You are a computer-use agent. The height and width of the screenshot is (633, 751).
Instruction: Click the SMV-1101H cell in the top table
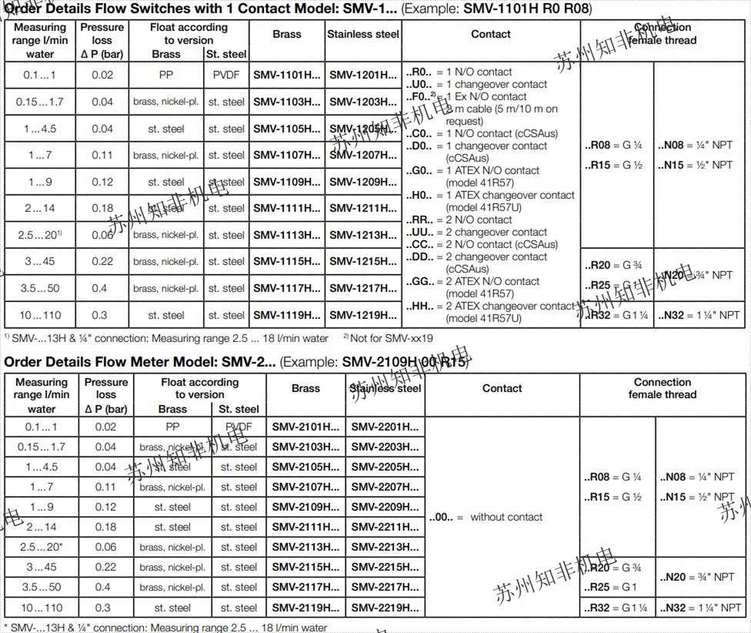click(287, 75)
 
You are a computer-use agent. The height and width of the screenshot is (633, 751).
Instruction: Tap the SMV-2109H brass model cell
click(305, 507)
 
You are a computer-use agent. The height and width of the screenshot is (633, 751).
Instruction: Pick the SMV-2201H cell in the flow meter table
click(386, 427)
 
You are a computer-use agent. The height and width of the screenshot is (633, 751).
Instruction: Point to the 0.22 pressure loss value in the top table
click(102, 262)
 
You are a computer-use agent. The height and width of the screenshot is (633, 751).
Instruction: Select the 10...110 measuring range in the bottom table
click(42, 608)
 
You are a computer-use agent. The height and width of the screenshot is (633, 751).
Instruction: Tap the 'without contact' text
click(506, 517)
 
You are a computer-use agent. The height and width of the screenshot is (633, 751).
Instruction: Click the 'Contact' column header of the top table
click(491, 34)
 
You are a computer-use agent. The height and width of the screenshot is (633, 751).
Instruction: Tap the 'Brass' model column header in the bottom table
click(305, 389)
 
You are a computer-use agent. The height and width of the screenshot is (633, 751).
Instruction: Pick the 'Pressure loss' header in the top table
click(102, 41)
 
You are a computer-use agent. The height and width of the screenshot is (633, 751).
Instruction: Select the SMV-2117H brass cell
click(305, 588)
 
